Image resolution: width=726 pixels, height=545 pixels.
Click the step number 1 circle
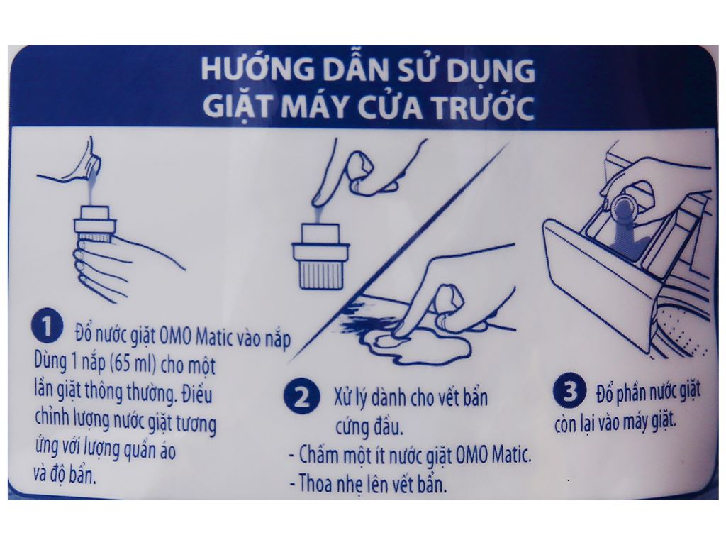46,327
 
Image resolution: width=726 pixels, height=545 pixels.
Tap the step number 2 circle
302,397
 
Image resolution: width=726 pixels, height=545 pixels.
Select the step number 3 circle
570,392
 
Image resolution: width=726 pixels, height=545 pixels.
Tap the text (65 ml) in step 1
133,363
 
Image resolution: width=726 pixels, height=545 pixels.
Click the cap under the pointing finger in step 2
320,255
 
